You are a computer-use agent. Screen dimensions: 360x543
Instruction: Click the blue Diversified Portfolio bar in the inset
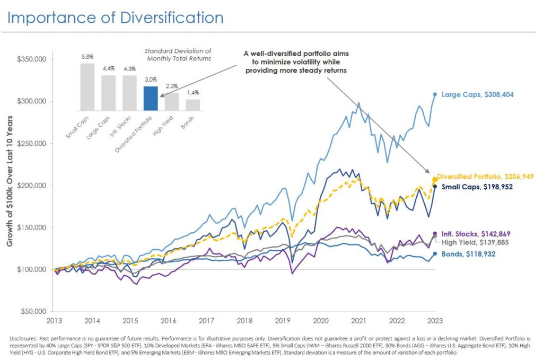point(151,98)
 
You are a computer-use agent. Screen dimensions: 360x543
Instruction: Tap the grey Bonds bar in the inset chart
point(193,104)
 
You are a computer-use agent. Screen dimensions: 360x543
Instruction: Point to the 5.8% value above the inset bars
point(87,56)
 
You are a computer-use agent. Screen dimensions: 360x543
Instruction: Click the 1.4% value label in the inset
point(193,92)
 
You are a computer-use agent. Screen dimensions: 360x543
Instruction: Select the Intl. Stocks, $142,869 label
point(475,234)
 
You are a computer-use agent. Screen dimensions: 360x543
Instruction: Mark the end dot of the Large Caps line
point(435,95)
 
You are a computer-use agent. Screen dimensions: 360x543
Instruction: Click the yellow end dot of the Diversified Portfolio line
point(435,180)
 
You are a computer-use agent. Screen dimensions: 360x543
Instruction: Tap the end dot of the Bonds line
point(435,253)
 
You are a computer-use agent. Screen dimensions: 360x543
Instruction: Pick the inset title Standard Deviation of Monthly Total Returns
point(178,55)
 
